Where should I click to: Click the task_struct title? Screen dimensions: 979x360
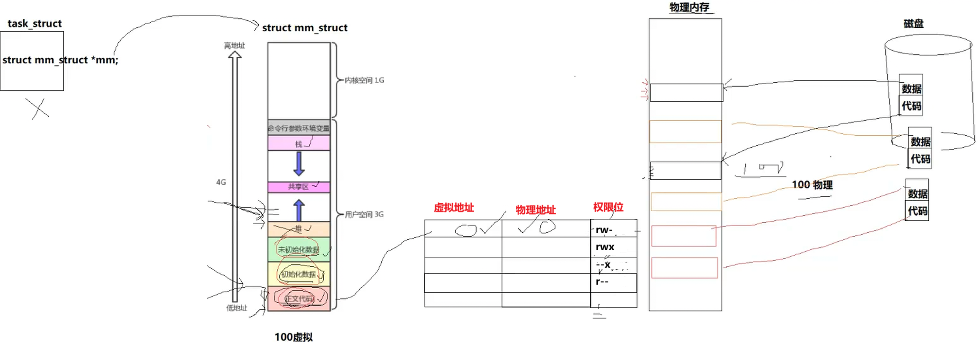click(x=35, y=24)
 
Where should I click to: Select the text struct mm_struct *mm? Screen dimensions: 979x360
click(x=60, y=60)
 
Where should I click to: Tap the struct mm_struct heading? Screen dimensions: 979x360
click(x=305, y=28)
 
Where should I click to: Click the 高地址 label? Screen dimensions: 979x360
click(x=234, y=45)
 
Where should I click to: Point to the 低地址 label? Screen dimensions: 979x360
click(x=236, y=308)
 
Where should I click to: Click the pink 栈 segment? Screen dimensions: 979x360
click(x=299, y=143)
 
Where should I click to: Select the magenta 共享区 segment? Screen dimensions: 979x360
click(x=299, y=187)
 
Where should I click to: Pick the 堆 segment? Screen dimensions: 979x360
click(x=299, y=229)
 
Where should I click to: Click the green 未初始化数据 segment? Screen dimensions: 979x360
click(x=299, y=250)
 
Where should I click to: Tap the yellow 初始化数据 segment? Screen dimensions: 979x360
click(x=299, y=274)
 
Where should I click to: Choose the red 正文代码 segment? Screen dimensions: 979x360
click(x=299, y=299)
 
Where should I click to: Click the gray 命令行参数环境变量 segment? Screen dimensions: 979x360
click(x=299, y=128)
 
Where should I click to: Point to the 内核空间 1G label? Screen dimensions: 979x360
click(x=364, y=80)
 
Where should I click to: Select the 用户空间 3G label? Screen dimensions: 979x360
click(x=364, y=214)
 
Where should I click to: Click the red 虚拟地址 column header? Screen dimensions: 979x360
click(x=453, y=207)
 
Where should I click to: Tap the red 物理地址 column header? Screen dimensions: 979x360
click(x=535, y=210)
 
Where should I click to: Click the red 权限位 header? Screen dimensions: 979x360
click(x=608, y=207)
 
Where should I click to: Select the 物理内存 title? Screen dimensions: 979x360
click(x=689, y=7)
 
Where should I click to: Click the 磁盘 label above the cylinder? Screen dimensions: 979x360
click(x=913, y=24)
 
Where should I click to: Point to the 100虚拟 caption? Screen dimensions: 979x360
click(x=293, y=337)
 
